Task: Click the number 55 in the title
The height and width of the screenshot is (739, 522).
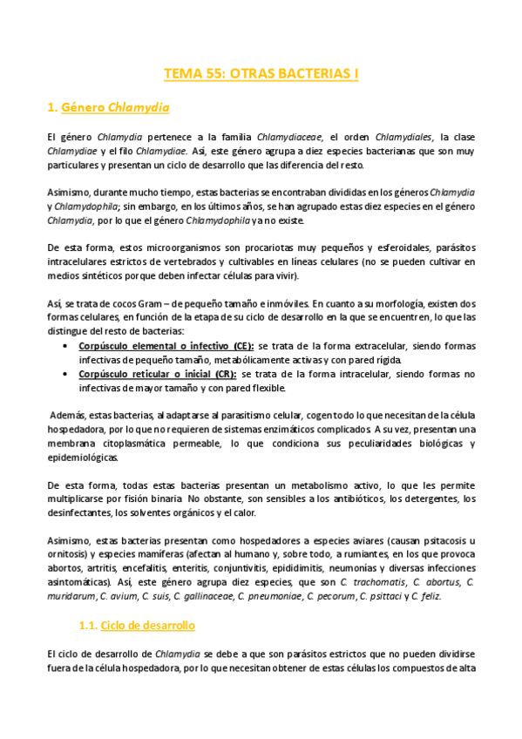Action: click(x=219, y=74)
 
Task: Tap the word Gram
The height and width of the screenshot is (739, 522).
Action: click(x=152, y=303)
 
